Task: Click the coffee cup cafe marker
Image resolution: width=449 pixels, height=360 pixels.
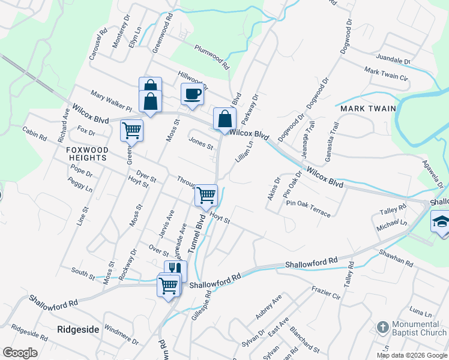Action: click(192, 95)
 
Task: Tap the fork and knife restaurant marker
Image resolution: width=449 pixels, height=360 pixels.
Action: click(175, 270)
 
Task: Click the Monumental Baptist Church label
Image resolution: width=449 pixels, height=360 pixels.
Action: click(419, 328)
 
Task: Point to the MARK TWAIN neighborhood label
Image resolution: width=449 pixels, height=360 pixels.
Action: click(368, 109)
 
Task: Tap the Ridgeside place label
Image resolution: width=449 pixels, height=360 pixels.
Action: click(77, 329)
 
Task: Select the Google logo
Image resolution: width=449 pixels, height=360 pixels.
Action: click(20, 352)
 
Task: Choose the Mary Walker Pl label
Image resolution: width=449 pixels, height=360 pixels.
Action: click(111, 101)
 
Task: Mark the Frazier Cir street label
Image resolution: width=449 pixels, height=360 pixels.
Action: click(326, 292)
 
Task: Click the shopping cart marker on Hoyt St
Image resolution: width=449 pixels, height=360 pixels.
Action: click(206, 195)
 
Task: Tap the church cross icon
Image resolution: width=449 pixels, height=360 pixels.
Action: click(382, 328)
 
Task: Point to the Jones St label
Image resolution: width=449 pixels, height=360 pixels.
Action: click(201, 143)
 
